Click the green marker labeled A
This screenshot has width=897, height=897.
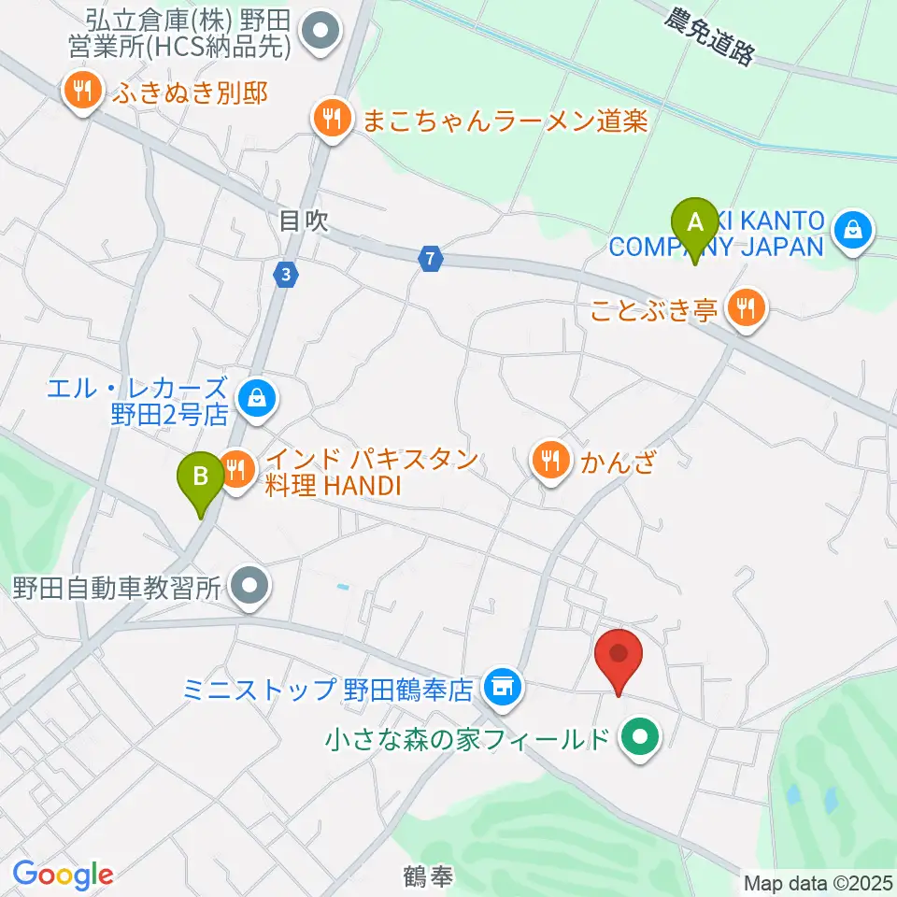tap(694, 225)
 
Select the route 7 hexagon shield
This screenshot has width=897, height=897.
tap(429, 259)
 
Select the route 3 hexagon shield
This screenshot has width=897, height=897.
tap(285, 274)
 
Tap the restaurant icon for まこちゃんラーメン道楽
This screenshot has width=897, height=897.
tap(330, 119)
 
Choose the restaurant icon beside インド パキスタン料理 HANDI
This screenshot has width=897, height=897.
tap(236, 464)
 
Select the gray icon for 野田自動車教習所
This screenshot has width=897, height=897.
tap(249, 587)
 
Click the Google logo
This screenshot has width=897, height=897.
tap(63, 874)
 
